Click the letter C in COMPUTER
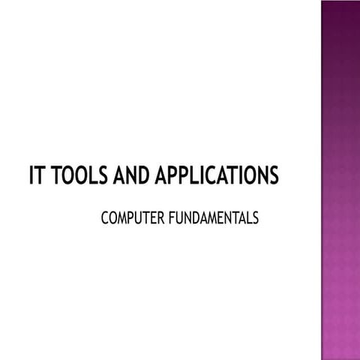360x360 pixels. (x=104, y=218)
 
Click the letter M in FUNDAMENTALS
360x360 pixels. (x=205, y=218)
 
